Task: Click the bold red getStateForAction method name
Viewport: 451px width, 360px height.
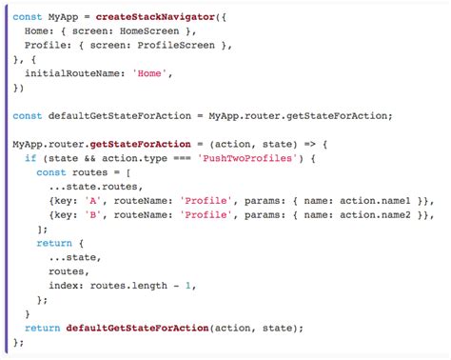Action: (134, 144)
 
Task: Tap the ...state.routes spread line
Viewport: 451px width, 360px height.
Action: (89, 188)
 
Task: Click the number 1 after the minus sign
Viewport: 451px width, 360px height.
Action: (190, 286)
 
